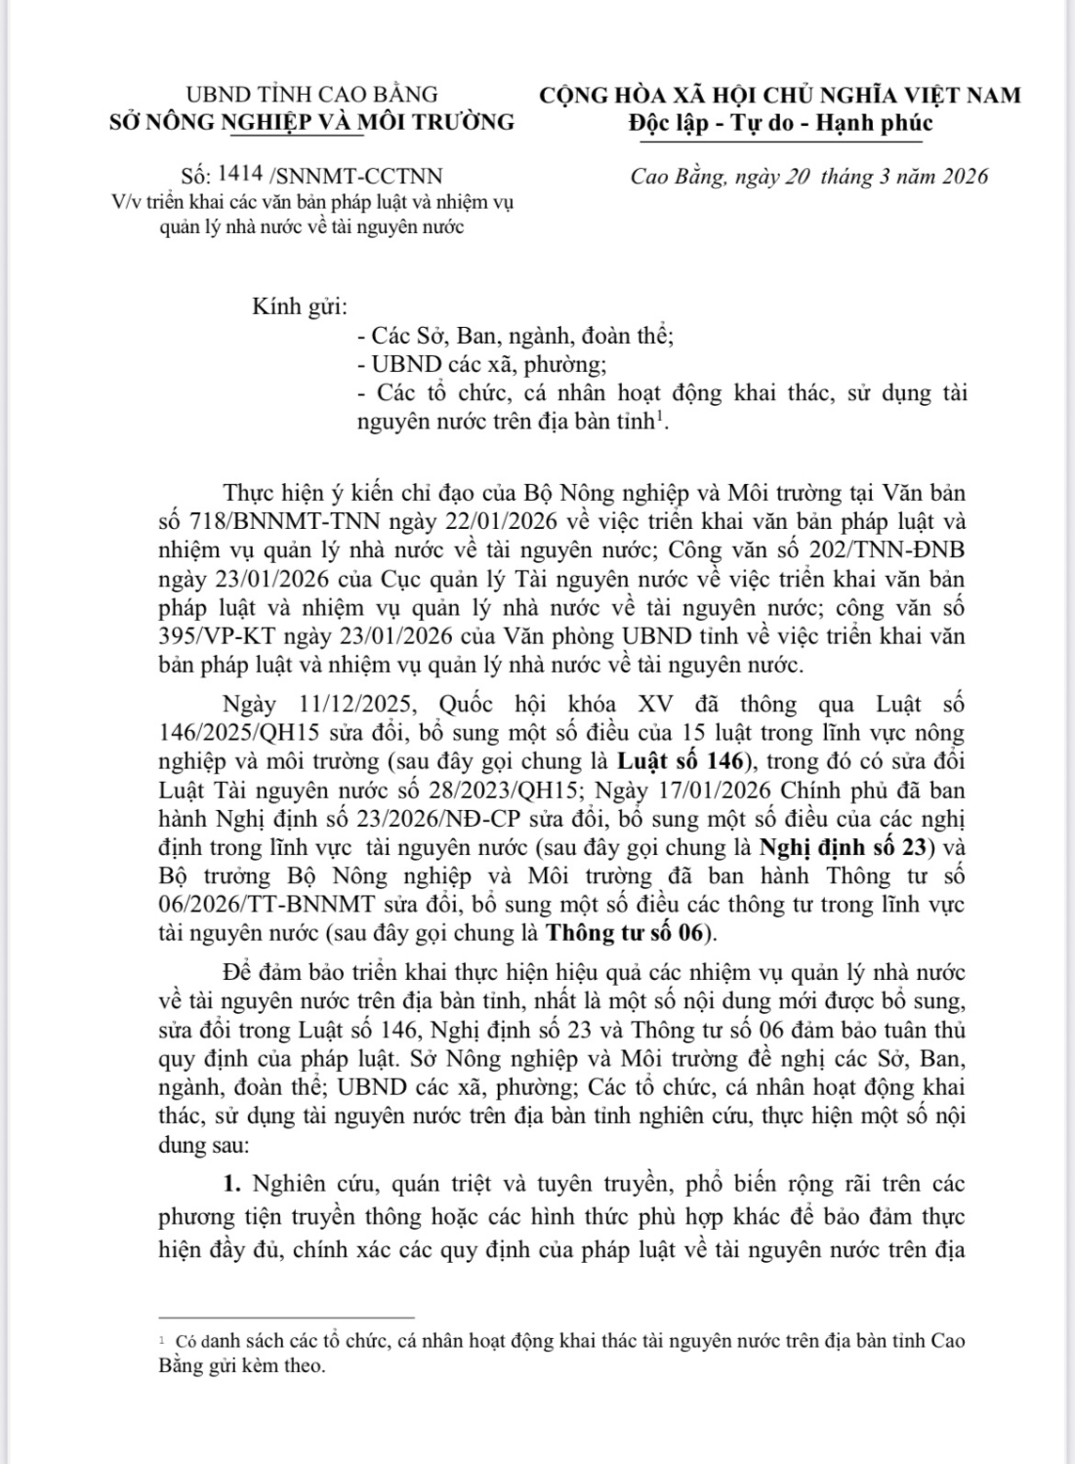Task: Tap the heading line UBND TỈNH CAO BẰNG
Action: pos(311,95)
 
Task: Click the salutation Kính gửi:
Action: pos(300,306)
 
